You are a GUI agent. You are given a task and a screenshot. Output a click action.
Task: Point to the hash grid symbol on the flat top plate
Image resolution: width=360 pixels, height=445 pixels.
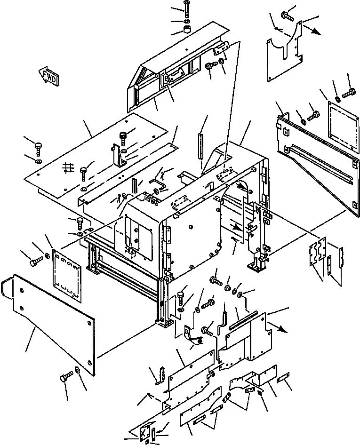tap(69, 168)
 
